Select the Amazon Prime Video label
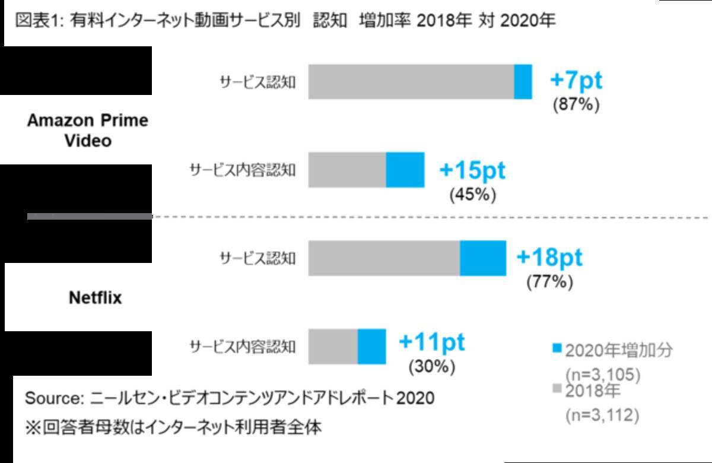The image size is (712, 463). (88, 131)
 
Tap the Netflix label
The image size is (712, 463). (96, 297)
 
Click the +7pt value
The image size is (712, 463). (576, 80)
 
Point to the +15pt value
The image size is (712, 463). (472, 170)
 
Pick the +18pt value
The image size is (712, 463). (549, 258)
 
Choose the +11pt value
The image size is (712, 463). (432, 343)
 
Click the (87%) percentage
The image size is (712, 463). (576, 104)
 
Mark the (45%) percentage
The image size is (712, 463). (472, 194)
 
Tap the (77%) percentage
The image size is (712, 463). (549, 281)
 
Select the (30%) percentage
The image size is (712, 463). (432, 366)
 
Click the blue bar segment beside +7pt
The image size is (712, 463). (523, 81)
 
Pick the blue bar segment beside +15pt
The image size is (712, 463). (405, 170)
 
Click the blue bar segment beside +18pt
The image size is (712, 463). (483, 258)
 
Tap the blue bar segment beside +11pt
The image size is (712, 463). (371, 346)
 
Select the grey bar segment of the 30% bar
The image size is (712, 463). (333, 346)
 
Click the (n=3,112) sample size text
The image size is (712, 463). (602, 416)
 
